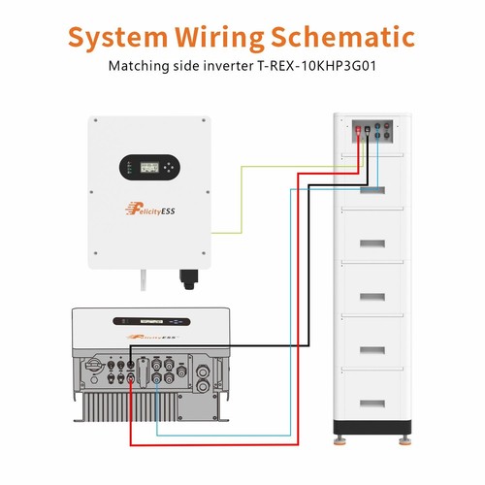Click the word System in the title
click(x=117, y=37)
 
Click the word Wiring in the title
click(x=219, y=38)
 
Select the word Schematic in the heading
click(x=342, y=36)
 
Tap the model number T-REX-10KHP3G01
click(x=316, y=66)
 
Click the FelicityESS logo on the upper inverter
click(x=149, y=209)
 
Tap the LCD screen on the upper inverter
click(x=149, y=167)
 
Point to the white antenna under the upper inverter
click(x=144, y=280)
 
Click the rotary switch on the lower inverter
click(x=94, y=366)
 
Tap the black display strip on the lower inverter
click(x=151, y=321)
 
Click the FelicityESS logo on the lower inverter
click(x=152, y=337)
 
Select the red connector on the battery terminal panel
click(x=358, y=129)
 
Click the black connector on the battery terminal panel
click(x=368, y=129)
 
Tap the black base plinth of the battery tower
click(x=372, y=428)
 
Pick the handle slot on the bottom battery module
click(x=372, y=404)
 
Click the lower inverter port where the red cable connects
click(x=130, y=376)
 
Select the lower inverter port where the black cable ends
click(x=130, y=366)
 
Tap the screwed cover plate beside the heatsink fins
click(x=197, y=405)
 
